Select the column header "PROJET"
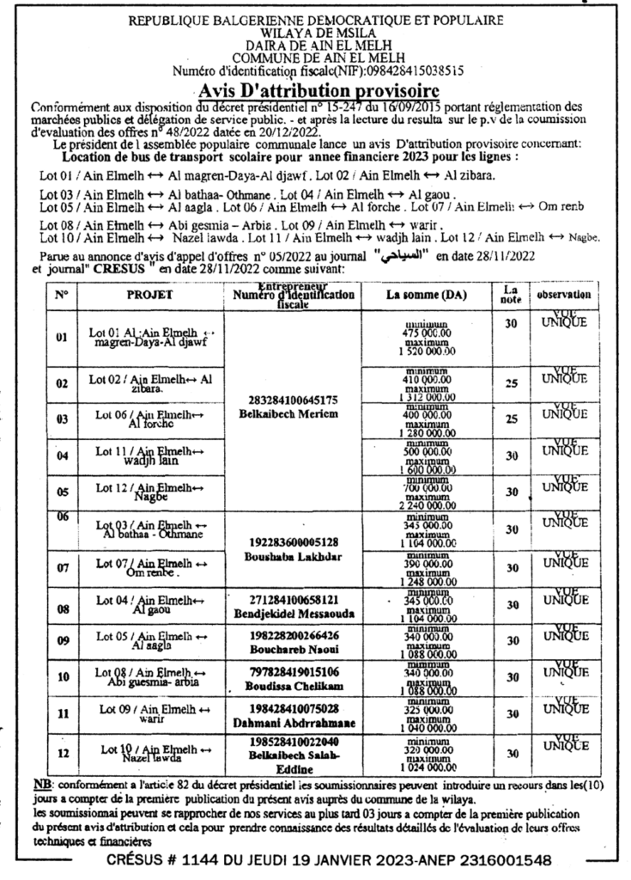(150, 294)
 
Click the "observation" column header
(564, 295)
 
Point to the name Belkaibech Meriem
(293, 414)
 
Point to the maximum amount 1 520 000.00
(426, 352)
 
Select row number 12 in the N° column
(62, 754)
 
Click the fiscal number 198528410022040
(293, 741)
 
